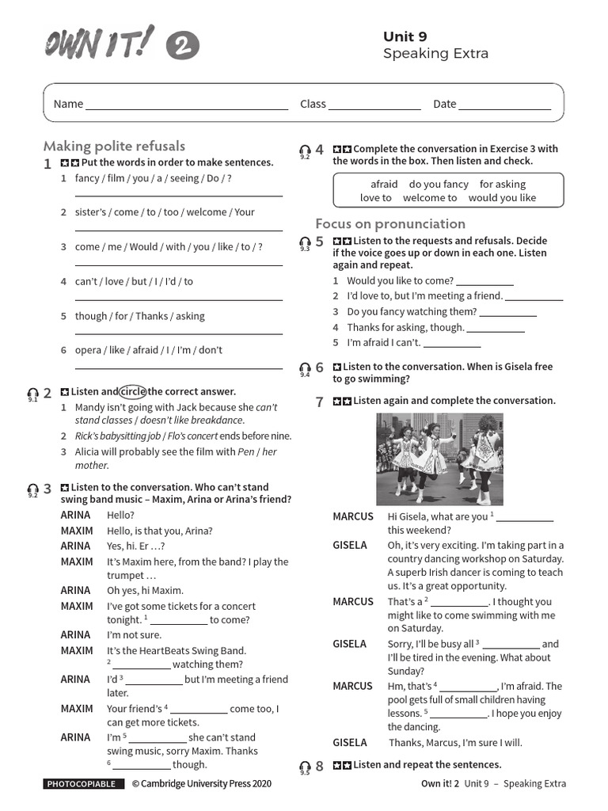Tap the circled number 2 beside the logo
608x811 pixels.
point(182,47)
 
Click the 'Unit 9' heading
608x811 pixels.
point(405,36)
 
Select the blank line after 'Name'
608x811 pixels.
point(187,105)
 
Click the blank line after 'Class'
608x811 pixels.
point(374,105)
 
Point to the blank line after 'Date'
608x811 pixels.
point(504,105)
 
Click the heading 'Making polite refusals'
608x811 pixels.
point(114,146)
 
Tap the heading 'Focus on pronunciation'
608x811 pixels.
point(390,223)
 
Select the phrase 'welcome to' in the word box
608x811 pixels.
point(429,198)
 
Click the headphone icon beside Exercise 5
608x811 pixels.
point(305,242)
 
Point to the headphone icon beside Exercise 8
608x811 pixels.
point(305,766)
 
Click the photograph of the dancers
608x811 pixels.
point(439,459)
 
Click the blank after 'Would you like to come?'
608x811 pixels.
point(485,282)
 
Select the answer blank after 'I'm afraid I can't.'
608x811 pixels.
point(452,344)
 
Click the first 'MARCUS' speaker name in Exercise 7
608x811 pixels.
point(352,516)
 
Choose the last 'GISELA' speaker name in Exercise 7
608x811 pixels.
point(350,743)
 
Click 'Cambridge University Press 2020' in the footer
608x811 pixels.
point(201,784)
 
